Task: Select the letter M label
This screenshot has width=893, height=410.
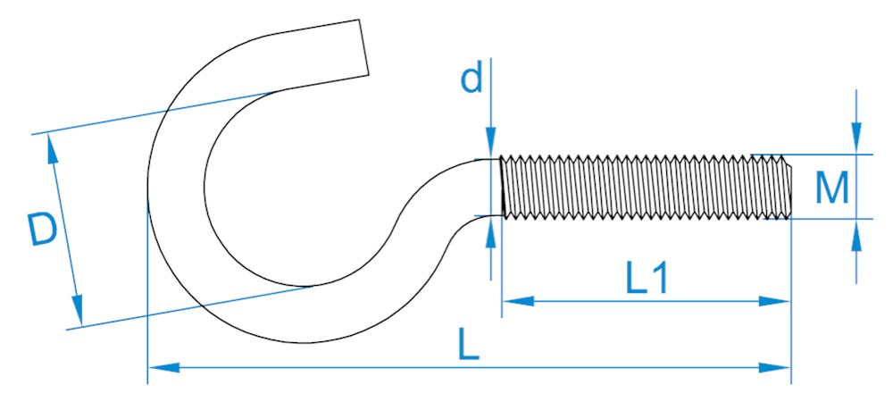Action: [x=832, y=188]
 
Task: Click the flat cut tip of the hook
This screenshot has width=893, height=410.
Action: [x=364, y=47]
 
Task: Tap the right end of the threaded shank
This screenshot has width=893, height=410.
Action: [x=789, y=187]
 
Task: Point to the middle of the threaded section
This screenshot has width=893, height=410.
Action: [x=646, y=187]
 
